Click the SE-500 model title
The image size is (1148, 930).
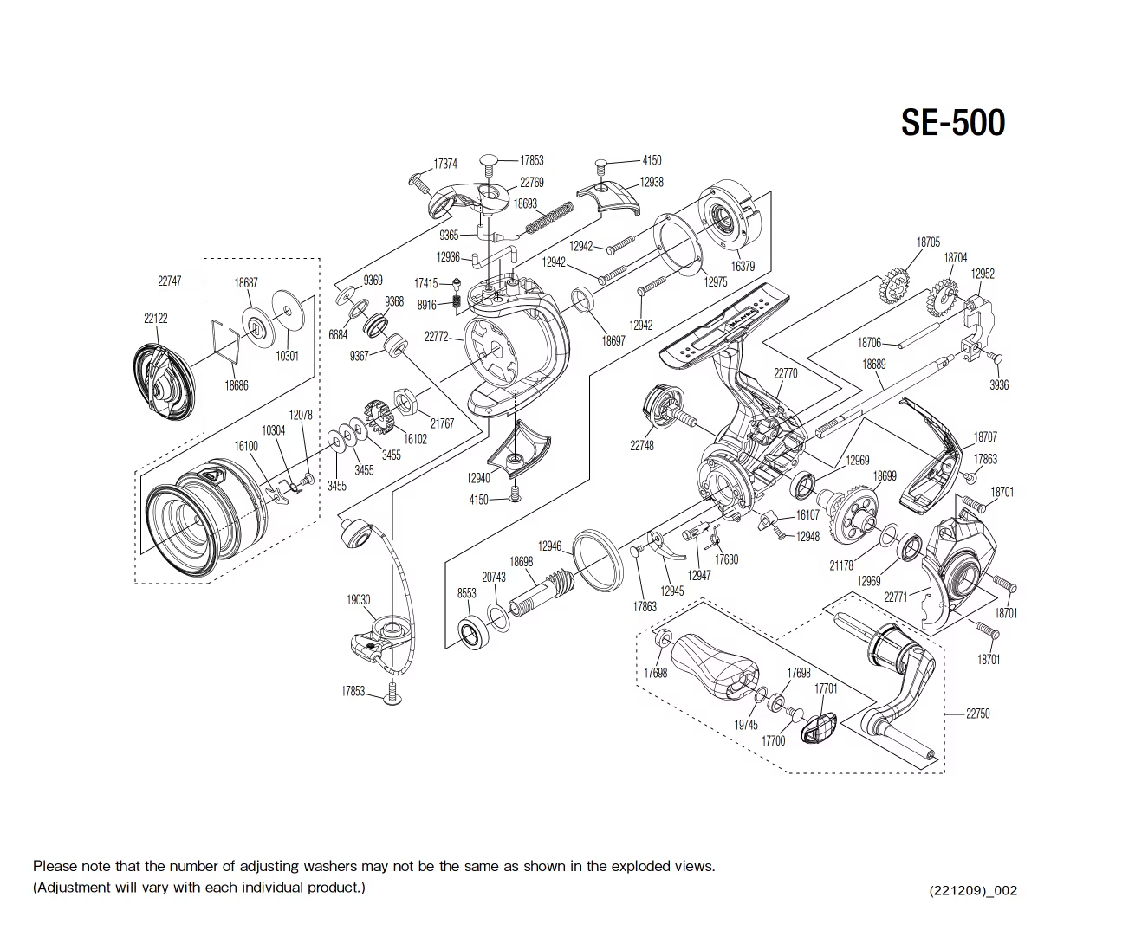tap(953, 122)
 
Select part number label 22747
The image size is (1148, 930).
tap(170, 281)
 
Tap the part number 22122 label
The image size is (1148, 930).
tap(156, 318)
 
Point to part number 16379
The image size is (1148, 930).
tap(743, 266)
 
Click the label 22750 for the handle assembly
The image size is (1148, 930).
tap(977, 714)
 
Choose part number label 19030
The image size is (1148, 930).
tap(359, 600)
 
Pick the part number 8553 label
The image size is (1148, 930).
tap(466, 593)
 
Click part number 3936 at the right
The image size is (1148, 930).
tap(999, 384)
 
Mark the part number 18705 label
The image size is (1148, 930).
tap(928, 242)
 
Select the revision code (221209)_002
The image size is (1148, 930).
tap(973, 890)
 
